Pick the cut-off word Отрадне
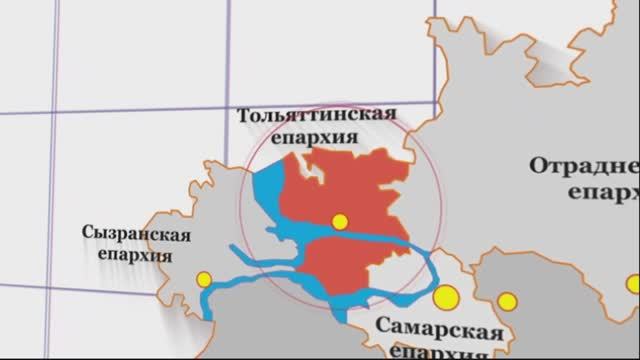(x=584, y=166)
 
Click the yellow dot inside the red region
(x=340, y=221)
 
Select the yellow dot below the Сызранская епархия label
(x=204, y=279)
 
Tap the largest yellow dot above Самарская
(x=445, y=297)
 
